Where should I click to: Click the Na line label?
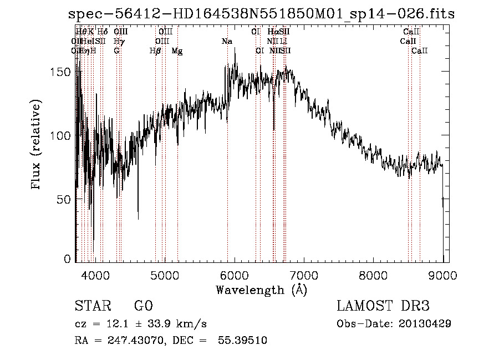point(227,42)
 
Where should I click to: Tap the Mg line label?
point(177,51)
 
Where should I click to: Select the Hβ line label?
point(155,51)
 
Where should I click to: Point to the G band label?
point(116,51)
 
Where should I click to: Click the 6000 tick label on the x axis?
point(234,275)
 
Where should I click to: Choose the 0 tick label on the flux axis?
point(68,258)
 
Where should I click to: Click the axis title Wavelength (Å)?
point(261,290)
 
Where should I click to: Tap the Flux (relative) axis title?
point(37,145)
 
